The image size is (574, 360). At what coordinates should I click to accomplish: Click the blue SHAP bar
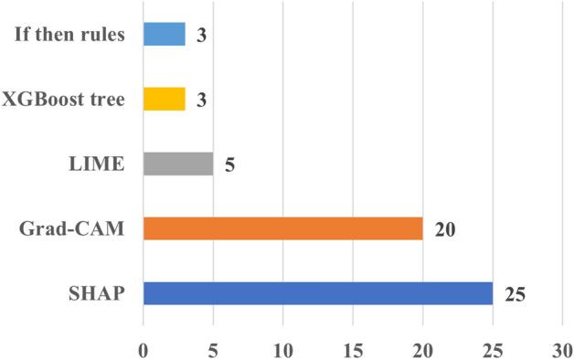317,293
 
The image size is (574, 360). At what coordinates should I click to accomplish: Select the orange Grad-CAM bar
282,228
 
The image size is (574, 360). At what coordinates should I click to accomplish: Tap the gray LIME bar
178,164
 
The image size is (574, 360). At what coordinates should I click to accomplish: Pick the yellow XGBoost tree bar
165,99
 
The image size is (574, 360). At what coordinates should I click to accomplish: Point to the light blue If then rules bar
165,35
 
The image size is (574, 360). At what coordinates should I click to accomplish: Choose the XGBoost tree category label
64,99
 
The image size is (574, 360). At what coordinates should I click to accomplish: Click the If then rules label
69,35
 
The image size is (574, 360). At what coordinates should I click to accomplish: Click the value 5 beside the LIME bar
229,164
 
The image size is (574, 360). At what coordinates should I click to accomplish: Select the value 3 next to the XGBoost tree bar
202,100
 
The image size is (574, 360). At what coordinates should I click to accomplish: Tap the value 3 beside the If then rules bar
202,36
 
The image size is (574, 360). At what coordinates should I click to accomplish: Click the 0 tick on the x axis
143,349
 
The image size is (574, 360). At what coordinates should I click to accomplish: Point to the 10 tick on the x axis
283,349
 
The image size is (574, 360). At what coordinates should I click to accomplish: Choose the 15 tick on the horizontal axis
353,349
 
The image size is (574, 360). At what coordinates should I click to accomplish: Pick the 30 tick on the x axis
562,349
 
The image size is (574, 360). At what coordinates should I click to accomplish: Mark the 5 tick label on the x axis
213,349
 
